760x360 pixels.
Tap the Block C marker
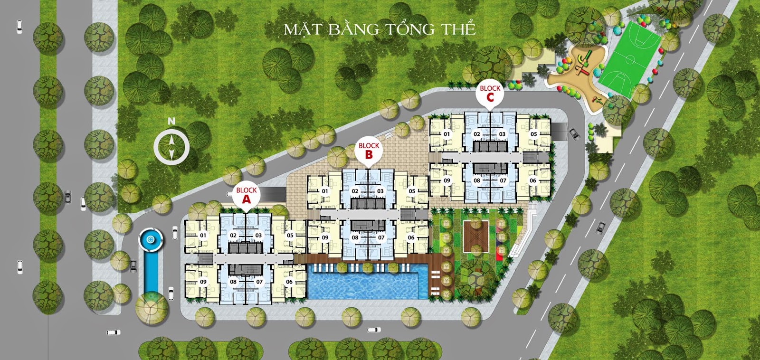pos(490,93)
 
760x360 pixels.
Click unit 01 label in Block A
pos(203,235)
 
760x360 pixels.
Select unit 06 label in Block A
pos(289,282)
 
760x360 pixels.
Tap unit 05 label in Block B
pos(412,191)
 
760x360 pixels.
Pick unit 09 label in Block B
pos(325,237)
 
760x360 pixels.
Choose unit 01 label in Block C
pos(447,134)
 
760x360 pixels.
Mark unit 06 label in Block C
pos(533,180)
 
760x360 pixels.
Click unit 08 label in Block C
pos(477,180)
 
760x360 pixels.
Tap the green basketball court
pos(630,60)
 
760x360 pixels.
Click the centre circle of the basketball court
pos(630,60)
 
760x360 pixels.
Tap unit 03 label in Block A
pos(258,235)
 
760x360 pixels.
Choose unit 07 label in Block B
pos(381,237)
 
